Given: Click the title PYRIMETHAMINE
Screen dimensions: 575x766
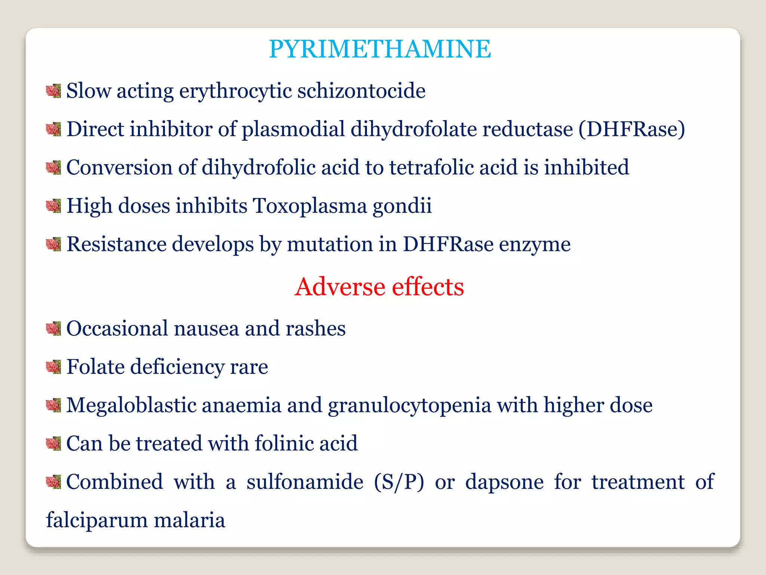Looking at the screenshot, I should click(x=380, y=49).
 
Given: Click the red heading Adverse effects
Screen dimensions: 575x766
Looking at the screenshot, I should click(x=379, y=287).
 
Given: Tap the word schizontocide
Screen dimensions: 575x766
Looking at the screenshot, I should click(x=361, y=91).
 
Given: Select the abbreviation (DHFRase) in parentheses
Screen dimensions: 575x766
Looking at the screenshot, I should click(x=632, y=130).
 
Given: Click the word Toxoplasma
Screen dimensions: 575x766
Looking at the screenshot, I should click(x=310, y=206).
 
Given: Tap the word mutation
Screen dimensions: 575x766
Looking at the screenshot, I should click(x=330, y=244).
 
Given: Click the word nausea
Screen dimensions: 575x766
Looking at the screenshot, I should click(x=206, y=329).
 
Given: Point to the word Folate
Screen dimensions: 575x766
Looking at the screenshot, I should click(x=95, y=366).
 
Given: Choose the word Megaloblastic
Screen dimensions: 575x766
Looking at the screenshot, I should click(x=131, y=405).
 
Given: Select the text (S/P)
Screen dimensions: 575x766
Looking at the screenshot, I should click(x=399, y=482).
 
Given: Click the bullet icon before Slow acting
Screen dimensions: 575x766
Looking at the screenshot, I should click(x=53, y=91).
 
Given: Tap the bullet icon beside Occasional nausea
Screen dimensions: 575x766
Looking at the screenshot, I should click(x=53, y=328).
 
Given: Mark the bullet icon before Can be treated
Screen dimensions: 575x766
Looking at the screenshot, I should click(x=53, y=443).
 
